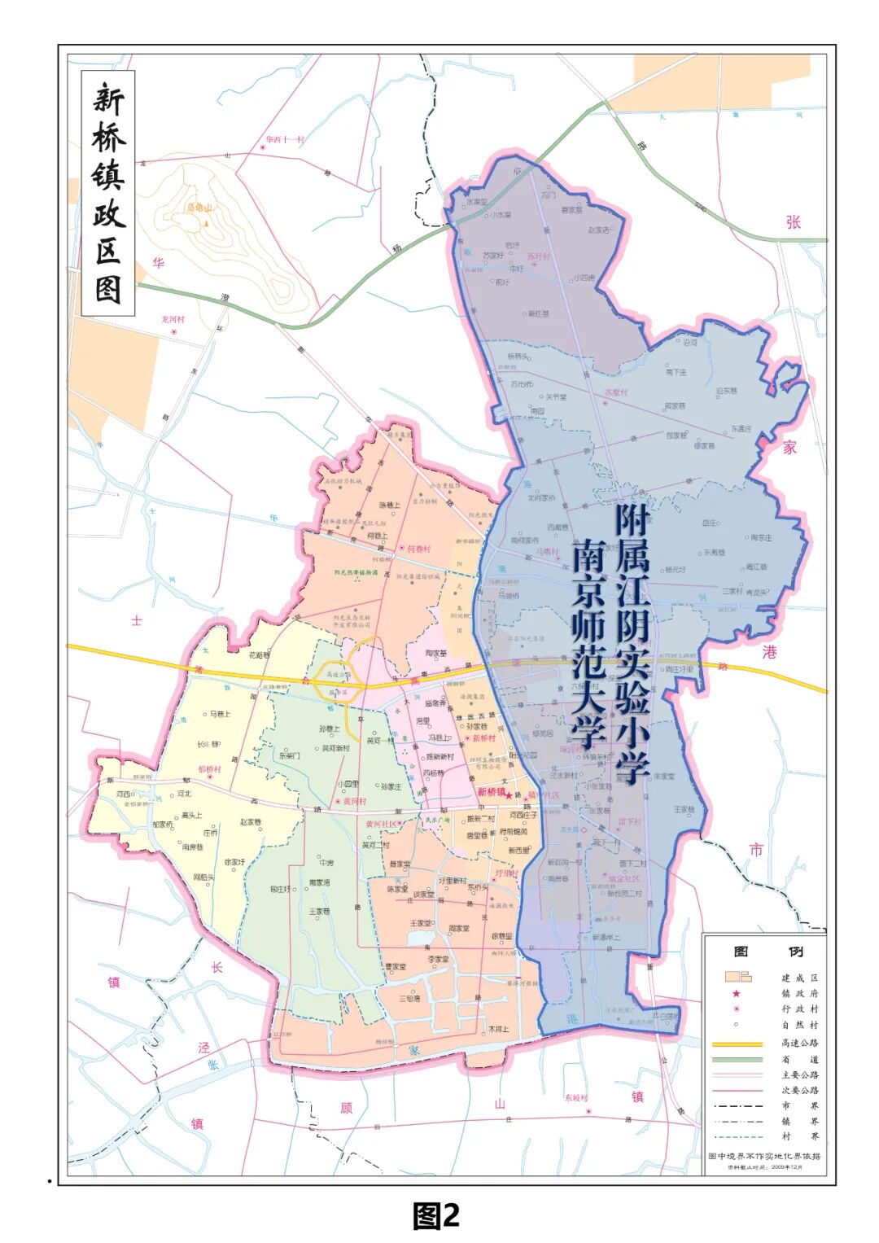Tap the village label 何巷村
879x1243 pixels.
click(x=418, y=549)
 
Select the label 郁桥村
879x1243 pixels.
click(x=209, y=768)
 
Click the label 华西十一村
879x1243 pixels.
click(x=284, y=139)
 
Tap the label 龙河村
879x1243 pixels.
click(x=173, y=319)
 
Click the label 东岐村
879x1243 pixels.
click(x=575, y=1097)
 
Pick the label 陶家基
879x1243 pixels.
click(x=436, y=653)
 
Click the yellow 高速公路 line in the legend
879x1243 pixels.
click(x=737, y=1043)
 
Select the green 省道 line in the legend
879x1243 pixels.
click(x=737, y=1059)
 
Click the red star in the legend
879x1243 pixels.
click(x=737, y=993)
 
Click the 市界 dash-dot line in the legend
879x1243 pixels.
click(x=737, y=1106)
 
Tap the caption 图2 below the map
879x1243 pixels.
click(x=436, y=1215)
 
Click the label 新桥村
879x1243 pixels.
click(x=483, y=738)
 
